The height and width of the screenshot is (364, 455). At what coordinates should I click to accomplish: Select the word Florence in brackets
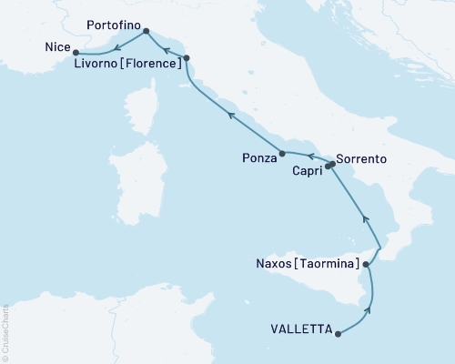[149, 64]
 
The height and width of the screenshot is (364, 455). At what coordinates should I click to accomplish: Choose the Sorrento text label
[362, 158]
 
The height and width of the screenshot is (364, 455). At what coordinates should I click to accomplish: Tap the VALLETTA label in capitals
[301, 329]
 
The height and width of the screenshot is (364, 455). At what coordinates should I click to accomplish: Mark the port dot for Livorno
[186, 58]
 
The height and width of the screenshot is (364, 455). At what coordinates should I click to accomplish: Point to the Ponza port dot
[282, 153]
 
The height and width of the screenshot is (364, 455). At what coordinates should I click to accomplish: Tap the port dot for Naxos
[367, 265]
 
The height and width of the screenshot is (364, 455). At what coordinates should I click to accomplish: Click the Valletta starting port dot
[339, 334]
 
